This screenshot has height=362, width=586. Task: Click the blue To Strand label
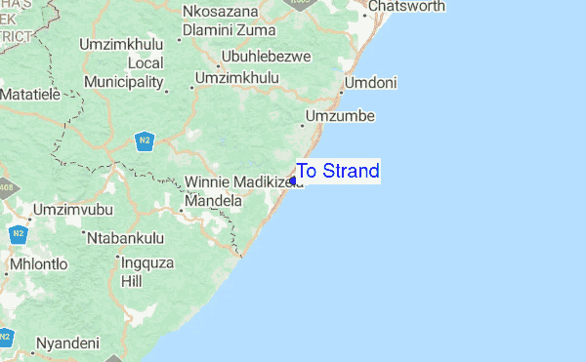[x=338, y=172]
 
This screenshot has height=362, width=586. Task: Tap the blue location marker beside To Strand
[x=293, y=181]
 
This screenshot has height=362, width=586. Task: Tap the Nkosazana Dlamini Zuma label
[x=221, y=21]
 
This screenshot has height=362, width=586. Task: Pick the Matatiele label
[x=30, y=96]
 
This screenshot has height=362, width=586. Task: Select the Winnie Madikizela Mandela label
[x=234, y=191]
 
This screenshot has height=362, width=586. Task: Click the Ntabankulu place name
[x=126, y=237]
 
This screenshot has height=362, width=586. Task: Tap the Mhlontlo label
[x=38, y=264]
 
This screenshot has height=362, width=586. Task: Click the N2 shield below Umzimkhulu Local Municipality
[x=145, y=141]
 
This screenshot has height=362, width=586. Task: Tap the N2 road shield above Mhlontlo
[x=18, y=234]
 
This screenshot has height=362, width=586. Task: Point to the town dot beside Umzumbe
[x=302, y=124]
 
